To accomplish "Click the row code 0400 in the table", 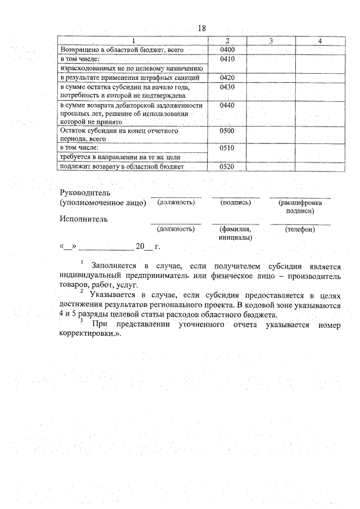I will (x=227, y=50).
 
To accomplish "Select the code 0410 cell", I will (x=227, y=59).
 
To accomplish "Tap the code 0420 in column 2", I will (x=227, y=78).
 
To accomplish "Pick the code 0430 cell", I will (x=227, y=87).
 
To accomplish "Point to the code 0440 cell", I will (x=227, y=106).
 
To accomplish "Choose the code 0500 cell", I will (x=227, y=131).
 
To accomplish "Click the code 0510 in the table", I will (x=227, y=148).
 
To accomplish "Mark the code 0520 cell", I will (x=227, y=167).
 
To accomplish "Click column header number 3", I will (x=271, y=41).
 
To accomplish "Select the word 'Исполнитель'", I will (x=83, y=219).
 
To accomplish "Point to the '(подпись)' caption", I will (x=236, y=202).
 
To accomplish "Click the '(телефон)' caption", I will (x=300, y=229).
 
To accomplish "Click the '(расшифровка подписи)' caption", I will (x=300, y=206).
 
